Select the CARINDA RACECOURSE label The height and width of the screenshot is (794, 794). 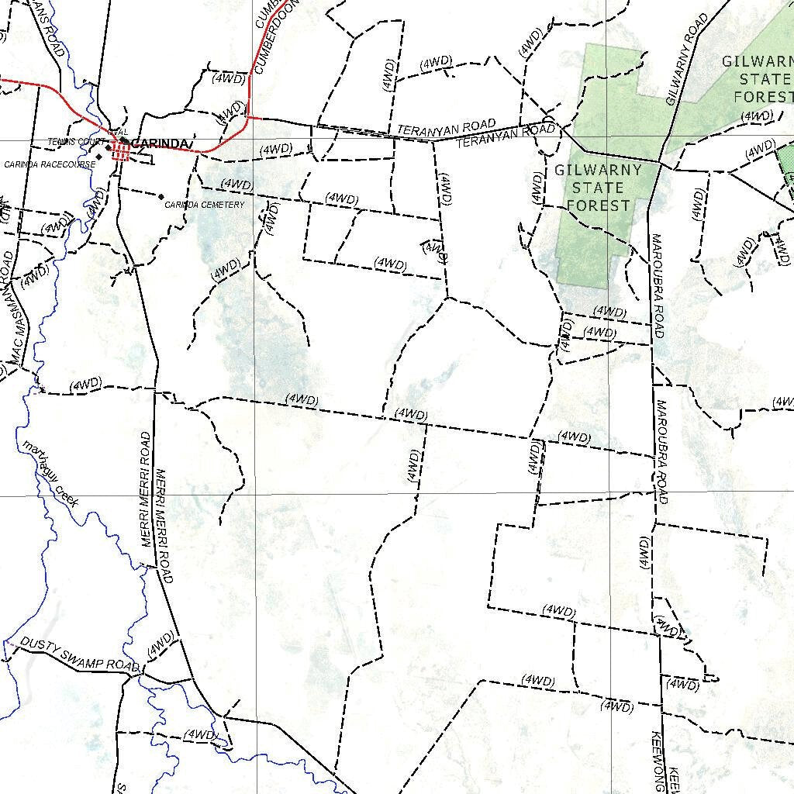coord(50,164)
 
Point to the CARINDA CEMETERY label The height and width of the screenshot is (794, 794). coord(205,205)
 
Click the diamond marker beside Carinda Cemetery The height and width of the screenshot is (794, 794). coord(161,196)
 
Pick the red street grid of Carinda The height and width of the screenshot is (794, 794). coord(120,150)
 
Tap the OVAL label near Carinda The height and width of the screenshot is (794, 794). coord(118,132)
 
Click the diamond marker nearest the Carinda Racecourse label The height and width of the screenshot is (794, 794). coord(98,157)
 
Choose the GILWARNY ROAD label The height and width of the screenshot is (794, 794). coord(687,58)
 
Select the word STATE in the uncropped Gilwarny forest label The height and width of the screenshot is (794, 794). coord(598,188)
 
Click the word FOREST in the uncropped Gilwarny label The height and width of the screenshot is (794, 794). coord(598,205)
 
